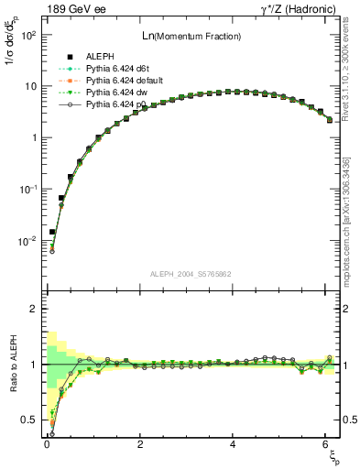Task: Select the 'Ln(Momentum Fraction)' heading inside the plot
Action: point(190,36)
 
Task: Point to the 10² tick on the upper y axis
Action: point(27,35)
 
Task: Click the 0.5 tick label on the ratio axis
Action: point(28,420)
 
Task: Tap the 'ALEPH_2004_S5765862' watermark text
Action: point(189,274)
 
